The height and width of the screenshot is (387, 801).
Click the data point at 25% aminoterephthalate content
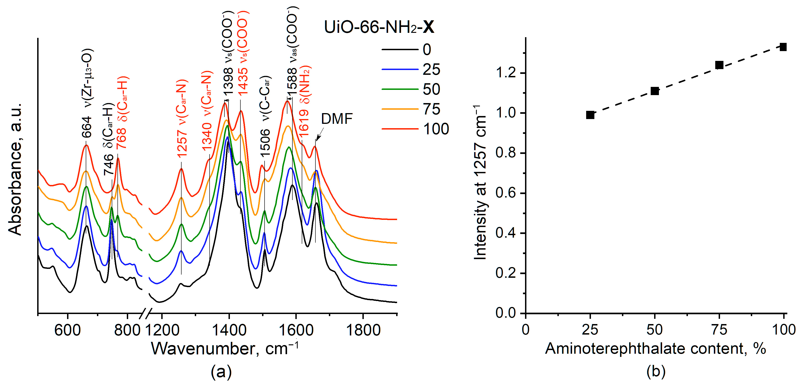pos(590,115)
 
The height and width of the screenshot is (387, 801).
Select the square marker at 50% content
pos(655,91)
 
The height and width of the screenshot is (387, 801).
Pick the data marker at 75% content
pos(719,65)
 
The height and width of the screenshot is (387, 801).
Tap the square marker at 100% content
pos(783,47)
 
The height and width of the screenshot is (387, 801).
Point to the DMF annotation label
pos(337,119)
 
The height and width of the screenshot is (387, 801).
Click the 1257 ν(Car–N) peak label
pos(181,118)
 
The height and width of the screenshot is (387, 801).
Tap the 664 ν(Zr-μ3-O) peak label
pos(87,93)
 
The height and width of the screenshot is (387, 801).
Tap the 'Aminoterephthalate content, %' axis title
pos(655,348)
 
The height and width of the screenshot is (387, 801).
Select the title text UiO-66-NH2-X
pos(379,27)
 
